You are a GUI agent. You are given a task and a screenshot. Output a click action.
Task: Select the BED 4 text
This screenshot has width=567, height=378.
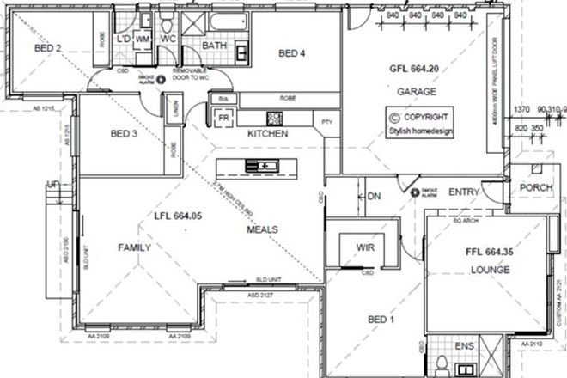pos(294,53)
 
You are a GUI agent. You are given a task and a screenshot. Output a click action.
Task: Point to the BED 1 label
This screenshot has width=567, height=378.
pos(381,320)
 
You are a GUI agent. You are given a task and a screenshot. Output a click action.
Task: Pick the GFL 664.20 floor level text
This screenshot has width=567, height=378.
pos(415,68)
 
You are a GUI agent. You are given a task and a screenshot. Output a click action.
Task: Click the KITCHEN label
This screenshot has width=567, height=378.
pos(267,135)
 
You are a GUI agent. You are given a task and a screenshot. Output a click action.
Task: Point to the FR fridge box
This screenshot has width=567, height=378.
pos(223,117)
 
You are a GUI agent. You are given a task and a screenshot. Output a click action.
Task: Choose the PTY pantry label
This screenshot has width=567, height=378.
pos(326,122)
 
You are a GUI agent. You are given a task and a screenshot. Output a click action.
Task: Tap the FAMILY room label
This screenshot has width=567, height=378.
pos(134,247)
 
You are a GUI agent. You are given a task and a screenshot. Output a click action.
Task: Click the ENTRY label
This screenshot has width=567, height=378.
pos(463,192)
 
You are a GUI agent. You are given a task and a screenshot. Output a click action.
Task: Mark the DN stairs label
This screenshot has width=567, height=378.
pos(373,195)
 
